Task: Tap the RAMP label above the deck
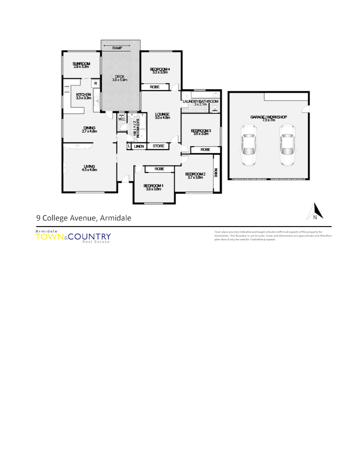coord(117,48)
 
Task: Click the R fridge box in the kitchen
coord(95,84)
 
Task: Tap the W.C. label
coord(121,119)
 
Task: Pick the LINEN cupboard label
coord(139,146)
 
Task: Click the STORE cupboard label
coord(158,146)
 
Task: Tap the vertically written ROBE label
coord(216,173)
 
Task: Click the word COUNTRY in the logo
coord(89,236)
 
